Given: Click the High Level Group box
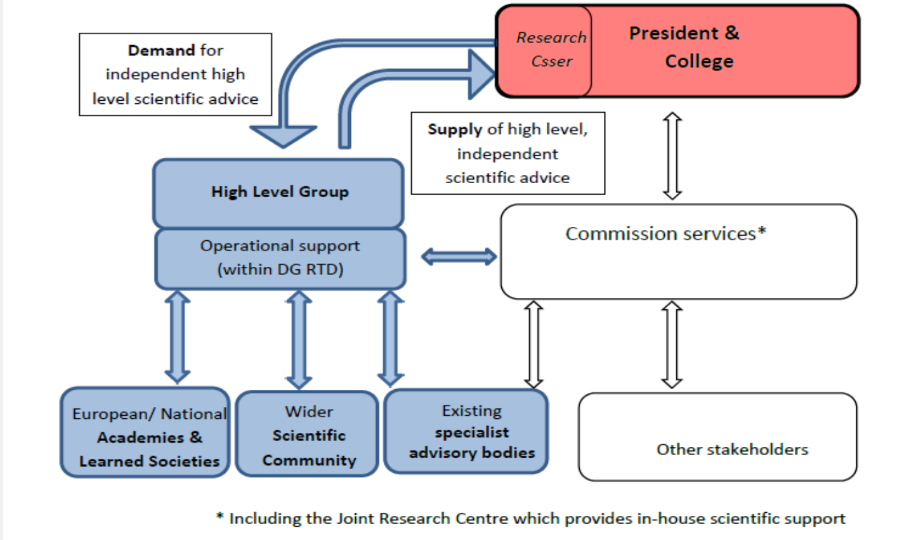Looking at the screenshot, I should pos(279,192).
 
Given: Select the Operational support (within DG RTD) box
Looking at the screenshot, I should pos(280,257).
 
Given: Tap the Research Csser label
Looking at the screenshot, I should pos(551,49).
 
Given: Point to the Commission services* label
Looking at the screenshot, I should pos(665,234).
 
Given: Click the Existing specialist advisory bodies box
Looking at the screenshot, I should pos(471,432).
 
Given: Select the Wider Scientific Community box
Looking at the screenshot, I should pos(308,435).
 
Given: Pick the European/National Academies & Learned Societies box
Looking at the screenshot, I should pos(148,436).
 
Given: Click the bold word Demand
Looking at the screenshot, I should pos(161,50).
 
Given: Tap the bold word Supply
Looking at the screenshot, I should pos(455,129).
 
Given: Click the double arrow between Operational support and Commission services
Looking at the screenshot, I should pos(459,257).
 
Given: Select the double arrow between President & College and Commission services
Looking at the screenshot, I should pos(672,156).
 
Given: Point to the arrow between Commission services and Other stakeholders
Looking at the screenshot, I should pos(672,344).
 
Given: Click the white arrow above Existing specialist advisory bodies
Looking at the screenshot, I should pos(533,344).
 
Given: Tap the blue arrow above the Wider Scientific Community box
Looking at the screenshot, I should pos(298,339).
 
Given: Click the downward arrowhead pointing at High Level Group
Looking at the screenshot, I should pos(283,135).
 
